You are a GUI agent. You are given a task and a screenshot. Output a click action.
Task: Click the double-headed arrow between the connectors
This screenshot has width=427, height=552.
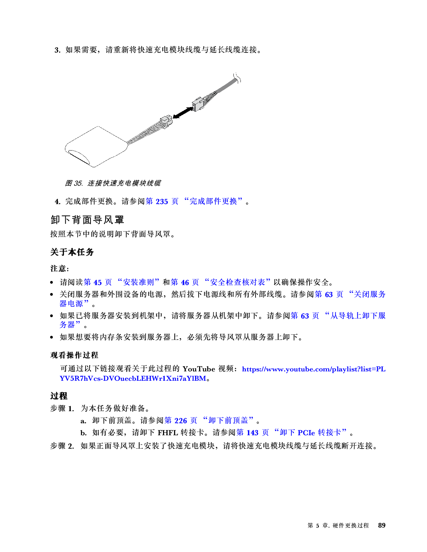coord(183,112)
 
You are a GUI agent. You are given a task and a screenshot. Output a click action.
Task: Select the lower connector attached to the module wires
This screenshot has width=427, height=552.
coord(166,121)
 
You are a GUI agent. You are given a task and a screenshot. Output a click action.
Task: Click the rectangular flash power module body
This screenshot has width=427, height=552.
coord(96,147)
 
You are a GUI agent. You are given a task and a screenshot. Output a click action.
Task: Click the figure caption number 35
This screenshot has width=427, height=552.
coord(78,183)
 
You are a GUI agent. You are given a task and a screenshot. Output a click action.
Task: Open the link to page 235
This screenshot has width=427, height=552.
coord(162,201)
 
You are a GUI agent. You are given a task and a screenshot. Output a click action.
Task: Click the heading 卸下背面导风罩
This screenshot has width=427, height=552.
coord(87,219)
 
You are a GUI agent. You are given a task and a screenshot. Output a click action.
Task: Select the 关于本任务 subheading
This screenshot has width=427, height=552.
coord(72,252)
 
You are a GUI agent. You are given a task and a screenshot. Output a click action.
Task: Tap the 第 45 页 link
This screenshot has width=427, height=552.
coord(98,282)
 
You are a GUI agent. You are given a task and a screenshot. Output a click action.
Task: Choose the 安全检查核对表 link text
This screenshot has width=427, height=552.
coord(237,282)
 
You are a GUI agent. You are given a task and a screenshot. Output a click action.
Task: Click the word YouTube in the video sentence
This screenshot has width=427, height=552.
coord(199,369)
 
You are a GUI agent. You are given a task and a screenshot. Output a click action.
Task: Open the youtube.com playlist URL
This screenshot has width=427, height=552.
coord(222,374)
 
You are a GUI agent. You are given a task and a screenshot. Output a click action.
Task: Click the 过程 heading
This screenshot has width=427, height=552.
coord(59,396)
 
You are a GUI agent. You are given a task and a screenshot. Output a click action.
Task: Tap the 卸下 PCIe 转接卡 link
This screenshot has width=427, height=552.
coord(310,433)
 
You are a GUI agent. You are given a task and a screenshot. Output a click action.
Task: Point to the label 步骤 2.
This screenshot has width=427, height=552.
coord(62,446)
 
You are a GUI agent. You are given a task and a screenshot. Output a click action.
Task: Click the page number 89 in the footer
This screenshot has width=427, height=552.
coord(382,525)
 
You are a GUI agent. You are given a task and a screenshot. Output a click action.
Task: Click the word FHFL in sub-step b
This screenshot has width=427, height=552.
coord(168,433)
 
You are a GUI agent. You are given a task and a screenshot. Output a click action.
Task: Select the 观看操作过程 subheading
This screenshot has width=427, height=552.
coord(74,355)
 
